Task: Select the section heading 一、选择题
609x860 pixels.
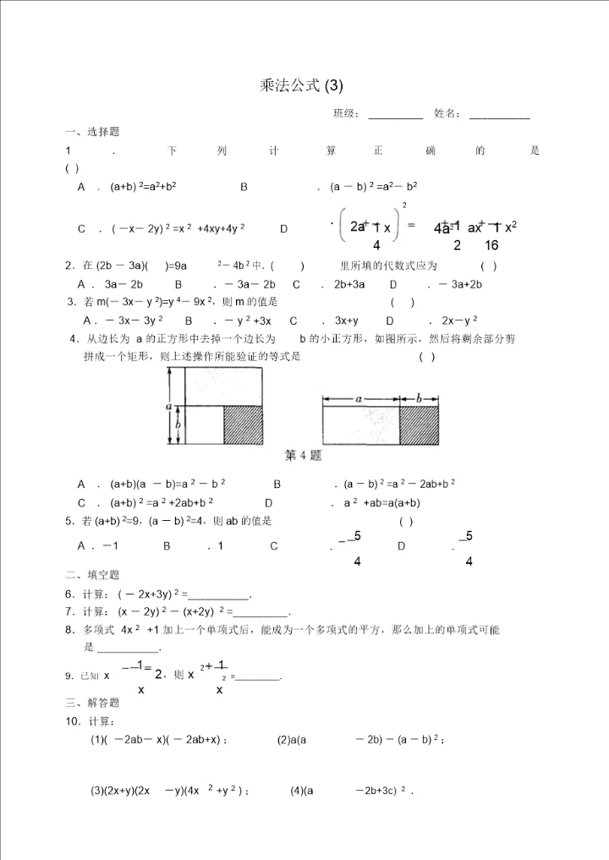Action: (92, 132)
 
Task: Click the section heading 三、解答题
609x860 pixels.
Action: (92, 703)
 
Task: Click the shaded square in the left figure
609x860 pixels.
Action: (244, 425)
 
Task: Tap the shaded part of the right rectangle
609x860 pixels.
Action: (420, 426)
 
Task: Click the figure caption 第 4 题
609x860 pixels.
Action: (304, 456)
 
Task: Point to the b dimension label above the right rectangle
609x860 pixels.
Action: (420, 397)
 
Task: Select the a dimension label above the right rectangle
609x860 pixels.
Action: (359, 397)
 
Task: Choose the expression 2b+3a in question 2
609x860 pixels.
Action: (349, 284)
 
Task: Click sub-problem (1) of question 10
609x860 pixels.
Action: (159, 740)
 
